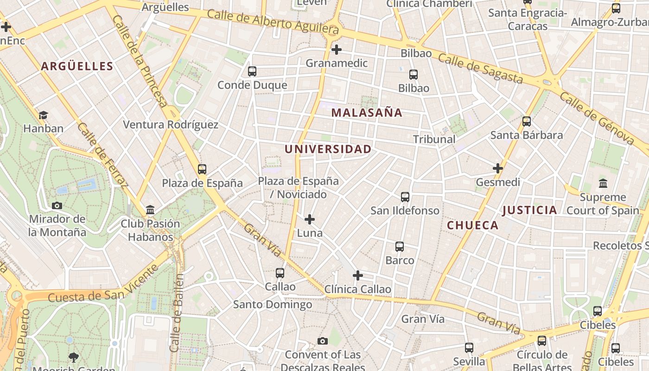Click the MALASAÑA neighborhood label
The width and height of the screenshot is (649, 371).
point(367,113)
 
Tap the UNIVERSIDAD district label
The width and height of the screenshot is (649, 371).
point(328,149)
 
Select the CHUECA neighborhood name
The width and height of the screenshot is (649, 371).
point(472,225)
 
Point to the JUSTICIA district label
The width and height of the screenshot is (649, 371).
point(529,211)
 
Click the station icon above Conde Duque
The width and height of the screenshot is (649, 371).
point(252,71)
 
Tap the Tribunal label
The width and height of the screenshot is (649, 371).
point(434,139)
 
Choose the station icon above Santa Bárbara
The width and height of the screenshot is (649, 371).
point(527,122)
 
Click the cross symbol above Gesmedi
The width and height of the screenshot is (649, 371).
point(498,168)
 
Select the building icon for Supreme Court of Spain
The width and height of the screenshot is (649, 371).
point(603,184)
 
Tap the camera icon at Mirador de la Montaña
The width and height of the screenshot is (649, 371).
point(57,205)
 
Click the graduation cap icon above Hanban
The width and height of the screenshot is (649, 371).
point(43,115)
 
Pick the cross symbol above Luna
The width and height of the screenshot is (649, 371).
point(310,219)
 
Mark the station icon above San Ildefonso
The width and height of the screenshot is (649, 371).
point(405,197)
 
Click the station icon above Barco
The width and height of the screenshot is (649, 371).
point(400,247)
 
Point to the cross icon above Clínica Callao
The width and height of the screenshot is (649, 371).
point(357,276)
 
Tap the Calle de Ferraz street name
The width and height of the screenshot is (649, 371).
point(103,155)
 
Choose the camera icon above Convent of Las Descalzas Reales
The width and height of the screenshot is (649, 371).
point(323,341)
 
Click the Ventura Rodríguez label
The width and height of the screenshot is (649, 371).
point(171,125)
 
